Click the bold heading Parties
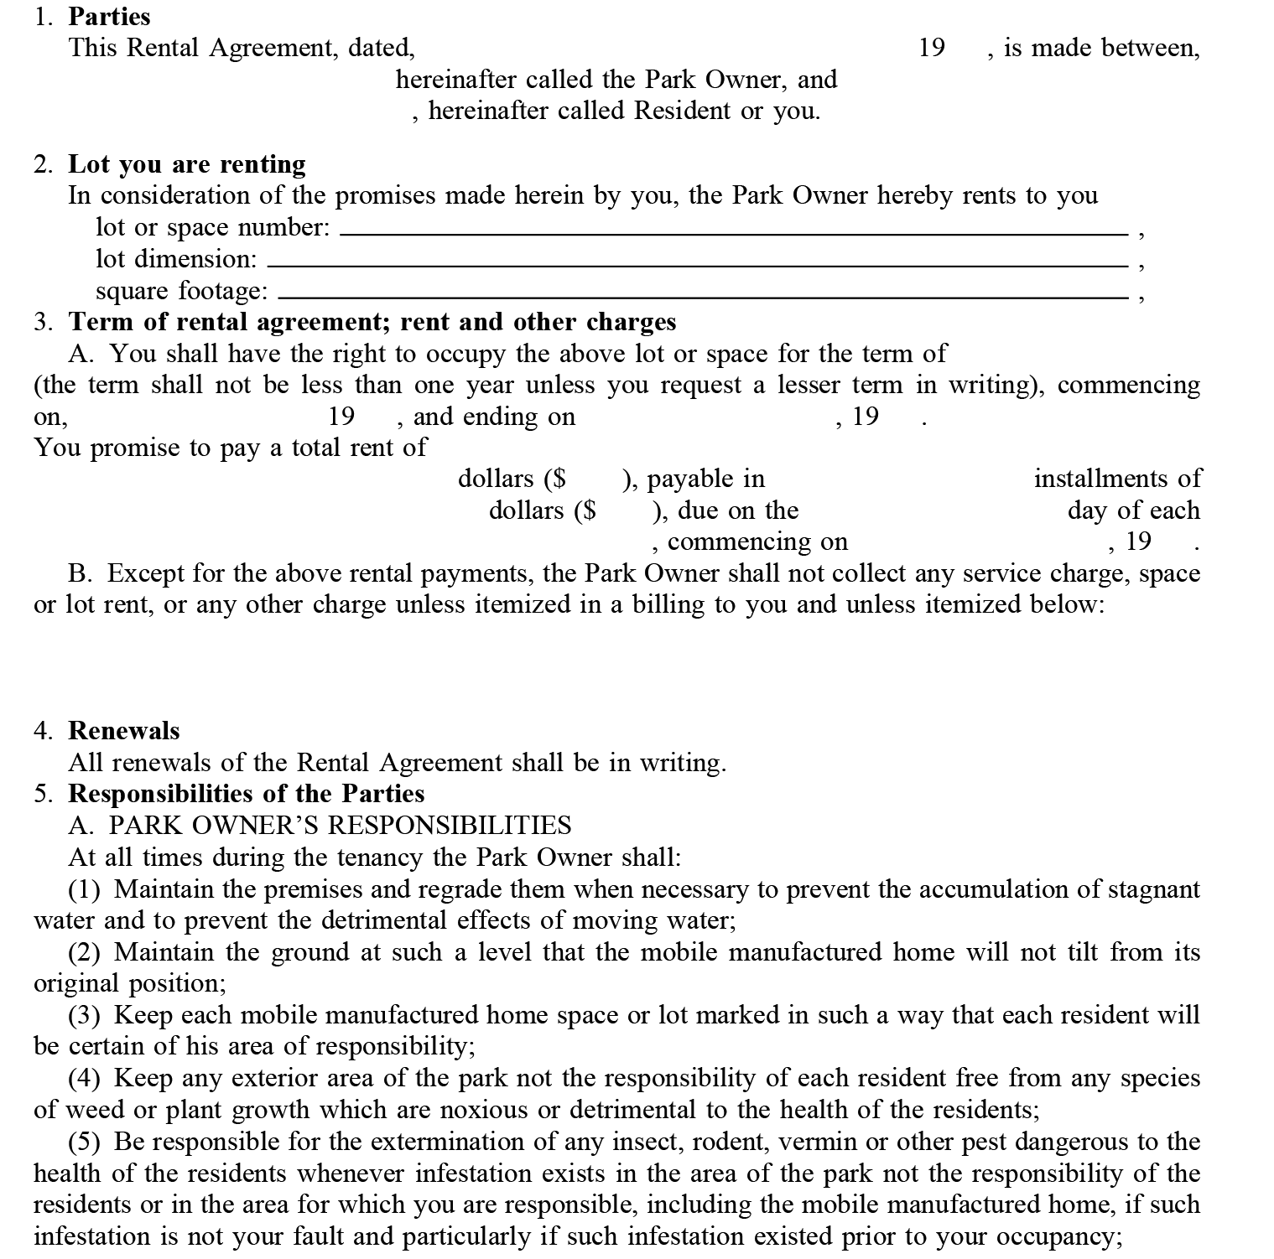109,16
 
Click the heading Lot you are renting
186,163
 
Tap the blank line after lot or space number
733,234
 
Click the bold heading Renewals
123,730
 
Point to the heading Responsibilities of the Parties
246,793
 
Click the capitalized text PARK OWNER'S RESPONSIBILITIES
340,826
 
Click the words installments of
1116,479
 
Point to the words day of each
1133,510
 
